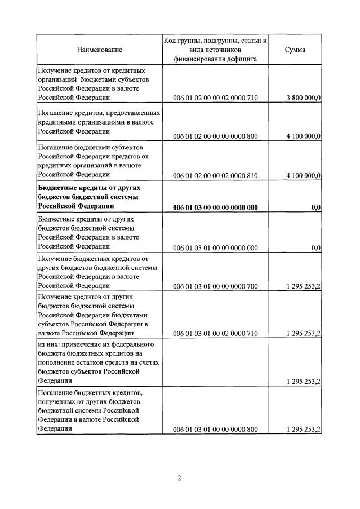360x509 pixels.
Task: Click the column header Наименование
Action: tap(99, 50)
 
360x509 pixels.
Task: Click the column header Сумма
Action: tap(295, 50)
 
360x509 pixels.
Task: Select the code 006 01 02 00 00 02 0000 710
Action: tap(215, 98)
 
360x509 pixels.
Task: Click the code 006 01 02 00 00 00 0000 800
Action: tap(215, 136)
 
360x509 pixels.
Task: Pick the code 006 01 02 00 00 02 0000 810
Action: tap(215, 176)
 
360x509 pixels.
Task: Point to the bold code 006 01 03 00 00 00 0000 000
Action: tap(215, 207)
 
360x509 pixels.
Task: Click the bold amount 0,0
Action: tap(316, 207)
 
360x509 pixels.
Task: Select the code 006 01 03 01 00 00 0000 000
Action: tap(215, 247)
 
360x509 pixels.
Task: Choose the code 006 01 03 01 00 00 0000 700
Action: tap(215, 286)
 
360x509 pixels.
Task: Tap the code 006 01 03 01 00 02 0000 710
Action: tap(215, 334)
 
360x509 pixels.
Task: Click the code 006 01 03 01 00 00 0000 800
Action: tap(215, 430)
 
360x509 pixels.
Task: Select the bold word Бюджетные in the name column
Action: tap(56, 187)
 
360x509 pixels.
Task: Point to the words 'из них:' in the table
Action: tap(49, 344)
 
